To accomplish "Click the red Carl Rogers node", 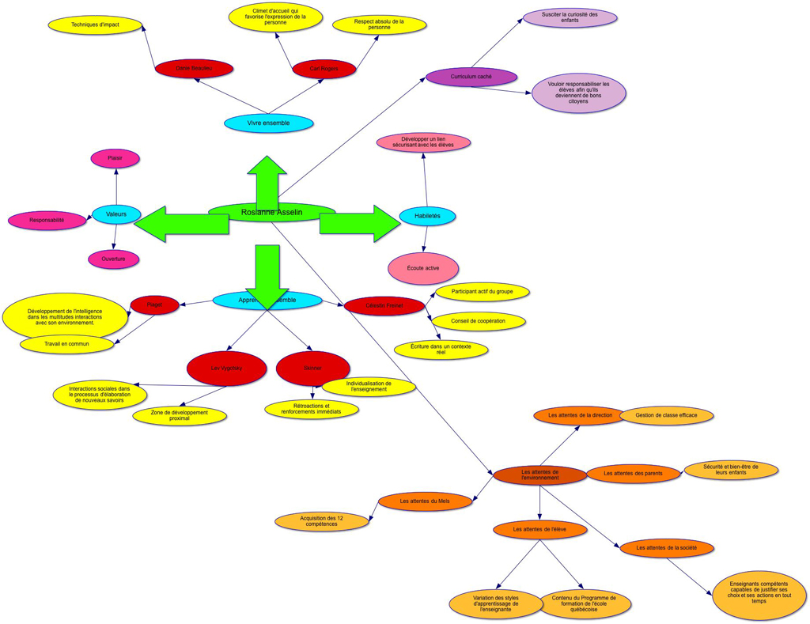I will (x=324, y=69).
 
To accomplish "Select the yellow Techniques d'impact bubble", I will (x=95, y=25).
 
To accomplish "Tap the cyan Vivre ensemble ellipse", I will (x=269, y=123).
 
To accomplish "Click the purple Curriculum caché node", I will (x=471, y=77).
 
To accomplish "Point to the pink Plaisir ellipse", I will (x=115, y=158).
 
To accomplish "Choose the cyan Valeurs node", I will (x=116, y=214).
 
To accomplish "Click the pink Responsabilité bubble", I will (x=47, y=221).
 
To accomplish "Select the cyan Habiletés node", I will (x=427, y=216).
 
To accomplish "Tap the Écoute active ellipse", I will (x=423, y=268).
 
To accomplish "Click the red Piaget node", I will (x=154, y=304).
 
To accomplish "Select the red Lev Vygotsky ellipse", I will (x=227, y=369).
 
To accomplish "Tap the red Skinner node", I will (x=312, y=369).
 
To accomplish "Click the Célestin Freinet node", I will (x=384, y=305).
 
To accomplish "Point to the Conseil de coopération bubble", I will (x=480, y=321).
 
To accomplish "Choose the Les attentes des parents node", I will (x=633, y=474).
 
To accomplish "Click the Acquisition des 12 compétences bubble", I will (x=322, y=522).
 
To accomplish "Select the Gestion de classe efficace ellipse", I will (x=667, y=415).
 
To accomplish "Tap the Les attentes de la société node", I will (x=667, y=548).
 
